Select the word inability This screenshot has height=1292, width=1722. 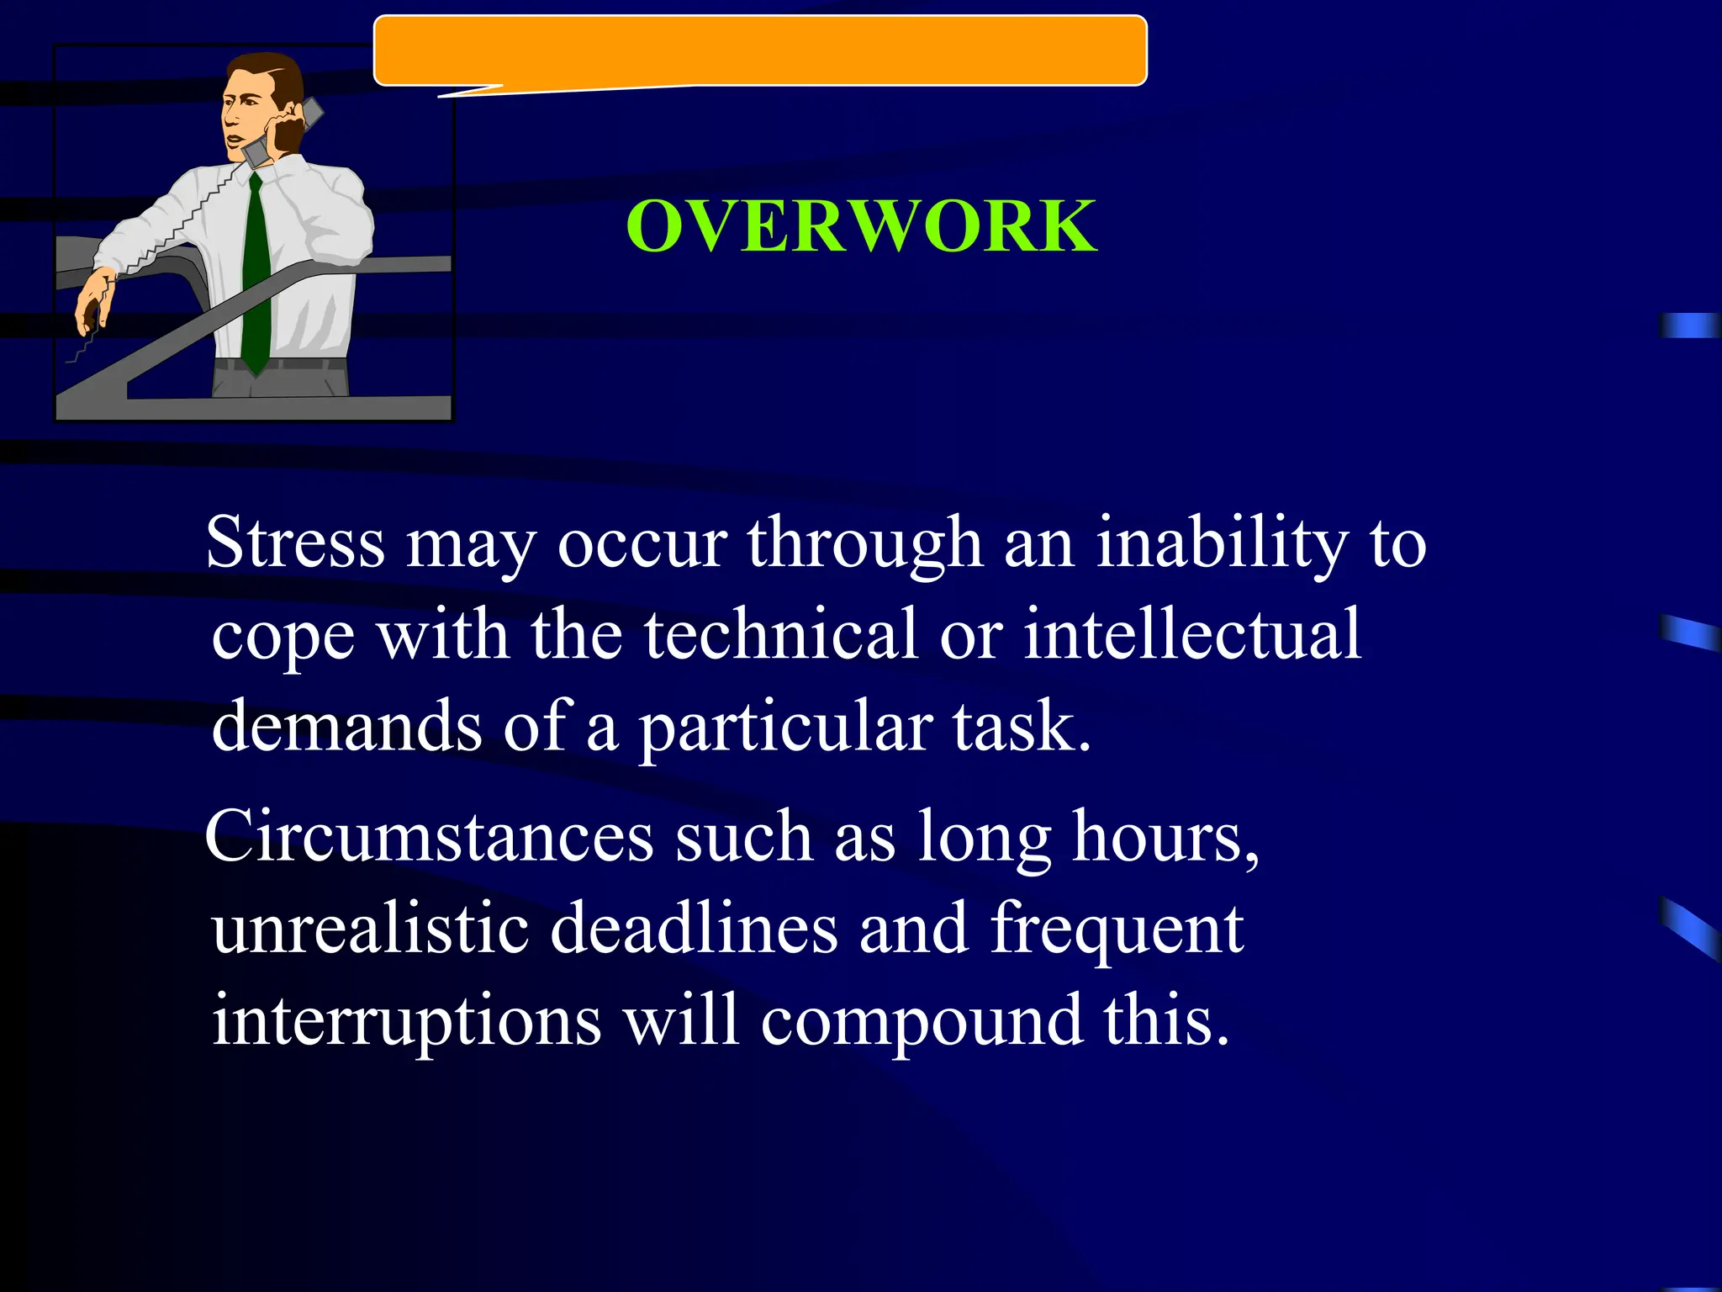coord(1222,543)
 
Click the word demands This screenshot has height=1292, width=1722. coord(346,726)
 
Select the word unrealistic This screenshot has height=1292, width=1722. coord(370,929)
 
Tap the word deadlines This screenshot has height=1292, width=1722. coord(694,929)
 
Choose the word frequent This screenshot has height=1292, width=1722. coord(1117,930)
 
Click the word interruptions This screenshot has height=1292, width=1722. coord(406,1020)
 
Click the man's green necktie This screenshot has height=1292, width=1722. coord(256,278)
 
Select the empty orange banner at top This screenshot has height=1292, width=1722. coord(760,50)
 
